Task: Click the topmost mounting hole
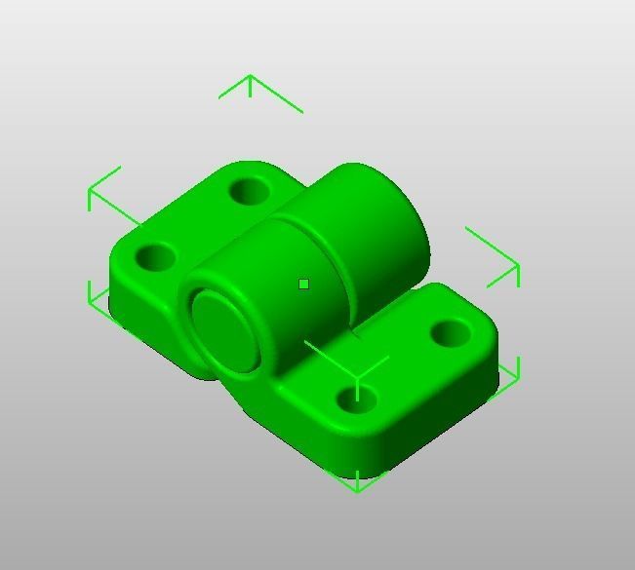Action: [x=251, y=190]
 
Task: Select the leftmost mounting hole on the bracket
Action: [x=154, y=258]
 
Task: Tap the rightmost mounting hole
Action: [x=451, y=333]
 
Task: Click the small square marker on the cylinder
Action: [x=304, y=285]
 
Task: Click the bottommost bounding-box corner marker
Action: [x=357, y=482]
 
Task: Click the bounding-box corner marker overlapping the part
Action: [x=357, y=374]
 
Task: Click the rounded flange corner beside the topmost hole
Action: [x=239, y=167]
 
